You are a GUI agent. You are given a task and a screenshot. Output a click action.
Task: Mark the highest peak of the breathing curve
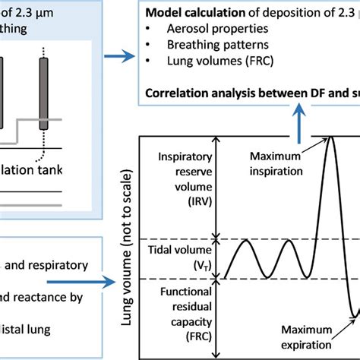point(330,138)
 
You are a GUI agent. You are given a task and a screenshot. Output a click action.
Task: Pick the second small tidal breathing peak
point(289,242)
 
